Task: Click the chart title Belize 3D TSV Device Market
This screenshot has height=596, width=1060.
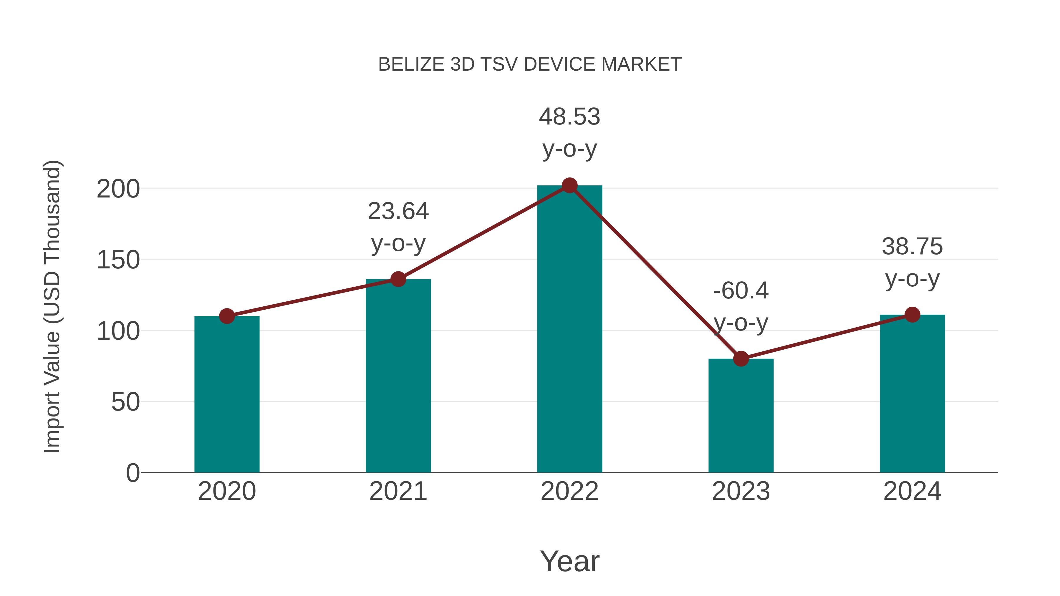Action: (530, 64)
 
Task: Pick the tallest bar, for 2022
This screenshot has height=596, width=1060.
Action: (569, 329)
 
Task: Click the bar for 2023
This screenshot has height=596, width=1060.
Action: (741, 415)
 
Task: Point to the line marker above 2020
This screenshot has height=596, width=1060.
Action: (227, 316)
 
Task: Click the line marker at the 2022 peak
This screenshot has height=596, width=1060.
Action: (569, 185)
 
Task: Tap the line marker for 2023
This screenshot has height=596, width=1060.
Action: (741, 359)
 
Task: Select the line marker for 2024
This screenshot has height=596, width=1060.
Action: (912, 315)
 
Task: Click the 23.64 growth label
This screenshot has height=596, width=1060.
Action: (398, 211)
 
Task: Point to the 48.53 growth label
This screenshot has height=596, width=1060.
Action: (569, 117)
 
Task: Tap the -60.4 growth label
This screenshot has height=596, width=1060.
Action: (741, 291)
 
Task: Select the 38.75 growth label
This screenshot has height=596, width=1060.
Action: (912, 247)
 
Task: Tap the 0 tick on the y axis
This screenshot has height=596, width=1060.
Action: (133, 473)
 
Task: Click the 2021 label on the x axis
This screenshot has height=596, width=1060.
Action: (398, 491)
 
